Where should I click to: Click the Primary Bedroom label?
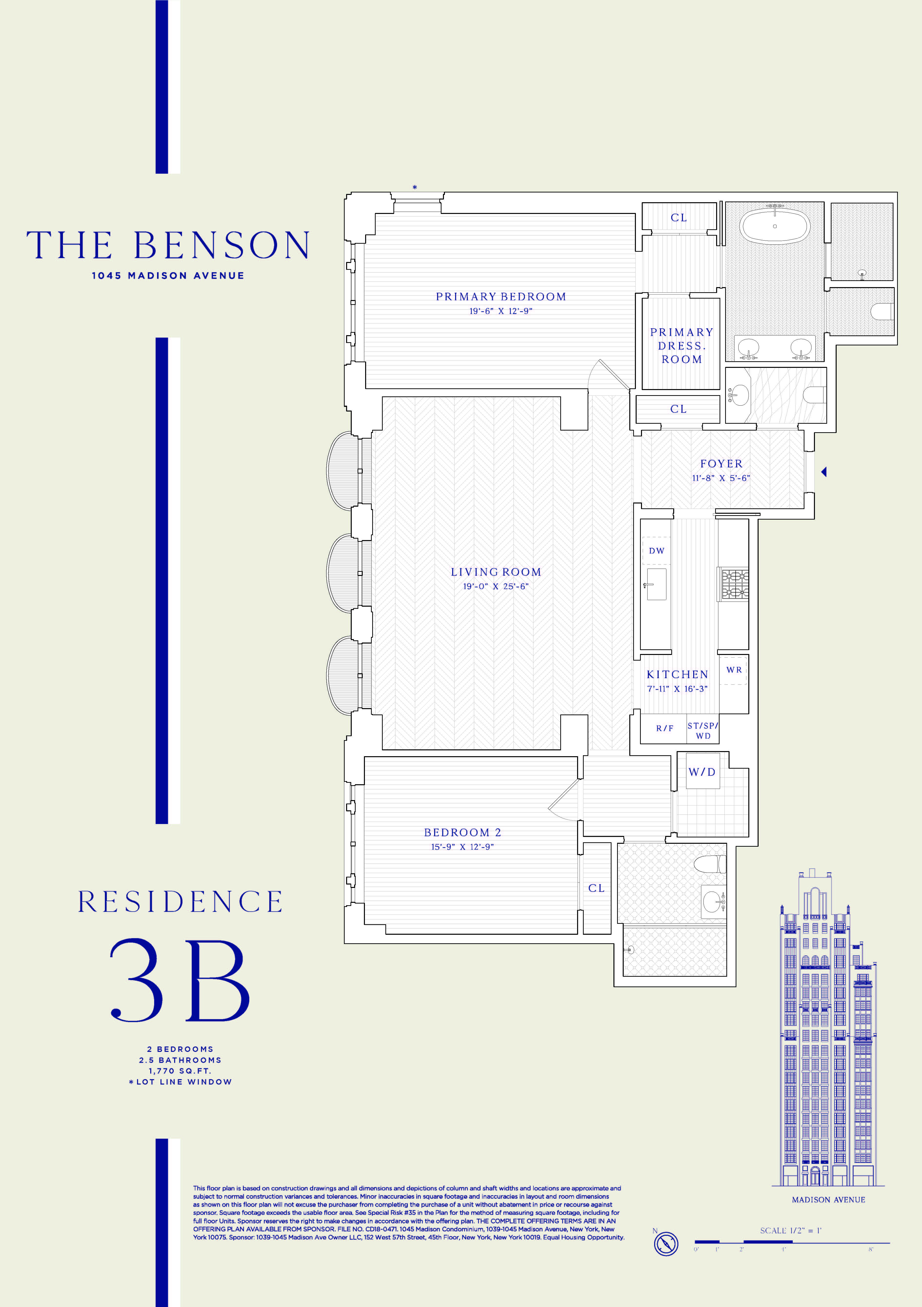coord(501,297)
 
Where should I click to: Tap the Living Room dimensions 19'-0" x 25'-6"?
coord(496,586)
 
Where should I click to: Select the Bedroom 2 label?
coord(462,832)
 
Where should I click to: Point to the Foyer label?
coord(721,464)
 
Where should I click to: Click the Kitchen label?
coord(677,674)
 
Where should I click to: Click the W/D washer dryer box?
coord(702,772)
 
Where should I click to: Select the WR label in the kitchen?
coord(734,670)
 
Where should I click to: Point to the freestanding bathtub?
coord(775,226)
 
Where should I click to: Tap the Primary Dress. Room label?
coord(681,346)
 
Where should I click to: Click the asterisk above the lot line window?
coord(414,187)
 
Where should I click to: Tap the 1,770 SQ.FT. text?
coord(180,1071)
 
